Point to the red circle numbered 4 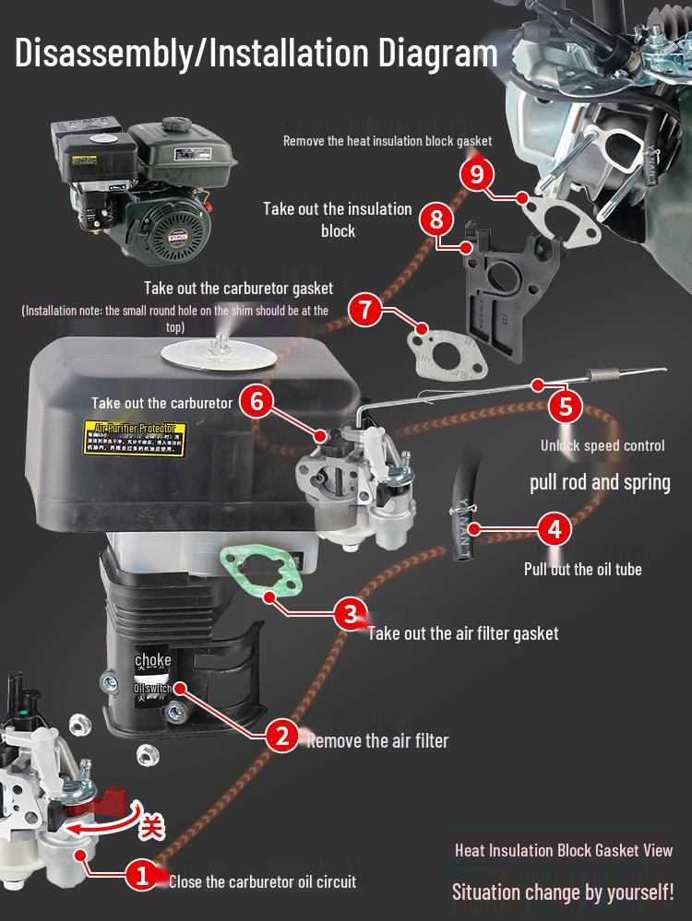[554, 529]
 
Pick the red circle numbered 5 [566, 406]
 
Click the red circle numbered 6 [257, 401]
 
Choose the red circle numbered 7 [365, 309]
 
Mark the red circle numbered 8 [435, 220]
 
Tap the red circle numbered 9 [476, 174]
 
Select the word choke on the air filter [152, 661]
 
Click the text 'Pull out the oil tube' [582, 569]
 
